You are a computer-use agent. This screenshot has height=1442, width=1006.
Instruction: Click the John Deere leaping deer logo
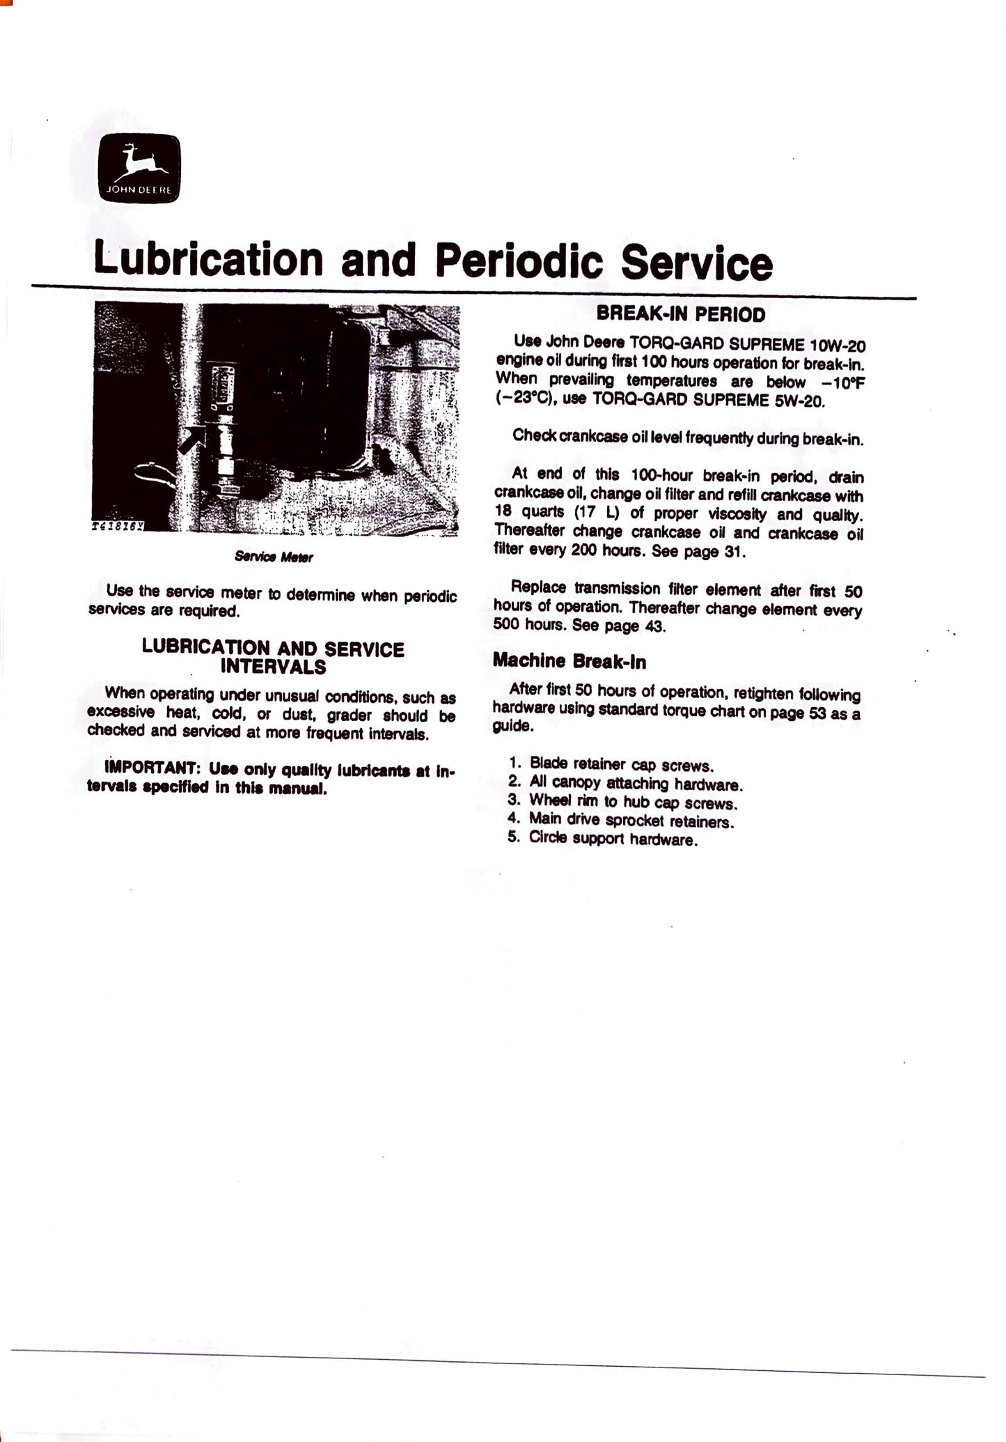click(x=139, y=168)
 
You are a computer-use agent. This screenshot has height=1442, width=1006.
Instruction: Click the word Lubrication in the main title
click(x=209, y=258)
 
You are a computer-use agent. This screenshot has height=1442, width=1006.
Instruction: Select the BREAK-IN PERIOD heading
click(x=680, y=314)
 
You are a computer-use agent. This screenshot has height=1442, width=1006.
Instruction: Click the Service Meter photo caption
click(x=274, y=557)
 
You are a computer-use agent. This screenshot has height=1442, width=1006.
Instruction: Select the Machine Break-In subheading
click(x=569, y=662)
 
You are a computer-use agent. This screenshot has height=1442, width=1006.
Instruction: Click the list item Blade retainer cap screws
click(x=622, y=766)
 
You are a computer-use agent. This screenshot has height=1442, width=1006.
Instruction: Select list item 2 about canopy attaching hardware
click(x=636, y=784)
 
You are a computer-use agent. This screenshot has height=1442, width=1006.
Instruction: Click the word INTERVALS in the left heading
click(x=273, y=667)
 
